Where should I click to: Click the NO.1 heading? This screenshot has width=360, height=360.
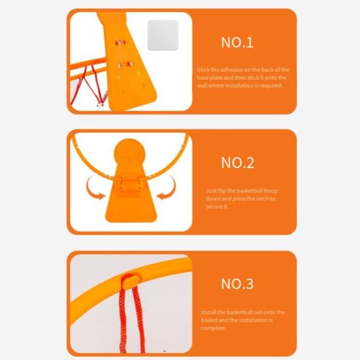tap(237, 42)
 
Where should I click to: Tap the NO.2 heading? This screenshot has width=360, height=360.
tap(237, 163)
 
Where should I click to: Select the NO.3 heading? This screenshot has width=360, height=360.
tap(237, 284)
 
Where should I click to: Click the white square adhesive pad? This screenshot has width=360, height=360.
tap(163, 35)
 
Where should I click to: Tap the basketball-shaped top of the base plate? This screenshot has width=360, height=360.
tap(128, 155)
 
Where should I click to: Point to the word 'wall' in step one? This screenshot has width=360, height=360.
tap(204, 86)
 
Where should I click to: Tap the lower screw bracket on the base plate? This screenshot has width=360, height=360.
tap(125, 63)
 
